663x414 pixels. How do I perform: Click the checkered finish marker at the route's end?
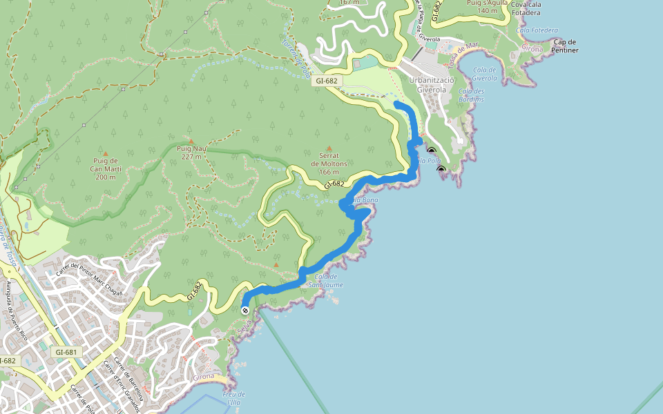[x=245, y=310]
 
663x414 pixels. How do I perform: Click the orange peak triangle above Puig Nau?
[x=191, y=140]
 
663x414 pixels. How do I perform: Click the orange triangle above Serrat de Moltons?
[x=329, y=148]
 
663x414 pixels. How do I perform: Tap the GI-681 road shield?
[x=65, y=352]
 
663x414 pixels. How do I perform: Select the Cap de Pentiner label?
[x=565, y=46]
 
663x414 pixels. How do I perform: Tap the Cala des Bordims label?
[x=471, y=95]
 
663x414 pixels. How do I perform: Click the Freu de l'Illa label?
[x=234, y=399]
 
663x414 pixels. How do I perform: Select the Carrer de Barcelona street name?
[x=129, y=380]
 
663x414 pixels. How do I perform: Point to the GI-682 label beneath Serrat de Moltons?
[x=334, y=184]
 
